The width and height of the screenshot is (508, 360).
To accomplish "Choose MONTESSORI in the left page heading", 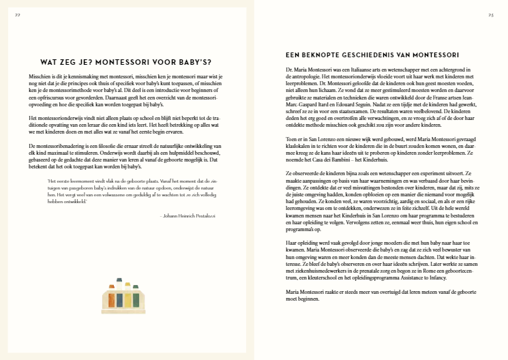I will coord(129,59).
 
